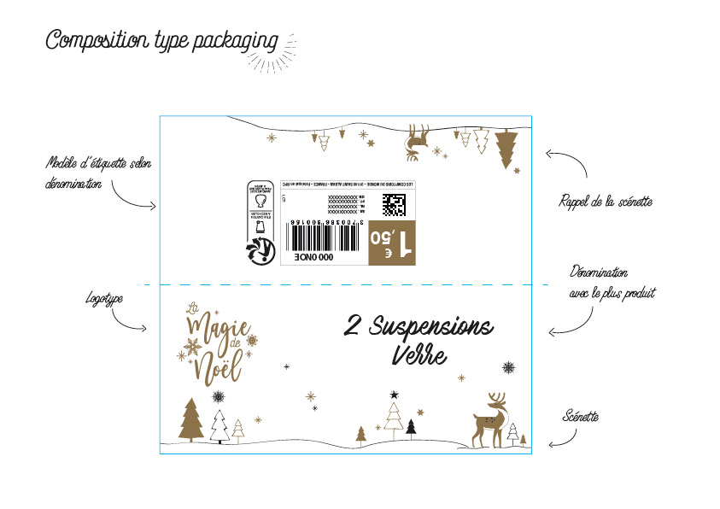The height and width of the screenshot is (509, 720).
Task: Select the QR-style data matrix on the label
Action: tap(394, 204)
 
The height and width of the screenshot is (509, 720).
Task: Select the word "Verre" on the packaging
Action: tap(419, 353)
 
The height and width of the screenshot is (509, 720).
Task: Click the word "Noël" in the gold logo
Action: tap(218, 368)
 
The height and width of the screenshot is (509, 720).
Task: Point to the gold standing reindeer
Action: tap(490, 421)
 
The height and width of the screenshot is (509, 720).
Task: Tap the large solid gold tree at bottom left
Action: tap(191, 420)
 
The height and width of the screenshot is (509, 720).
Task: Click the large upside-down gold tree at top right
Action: tap(506, 148)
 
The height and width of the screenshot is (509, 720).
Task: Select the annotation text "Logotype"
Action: tap(104, 299)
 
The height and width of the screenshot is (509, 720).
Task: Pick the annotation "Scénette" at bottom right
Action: tap(581, 417)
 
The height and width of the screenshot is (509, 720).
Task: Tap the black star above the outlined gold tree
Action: tap(394, 395)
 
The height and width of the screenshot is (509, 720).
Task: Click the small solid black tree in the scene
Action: tap(411, 427)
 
